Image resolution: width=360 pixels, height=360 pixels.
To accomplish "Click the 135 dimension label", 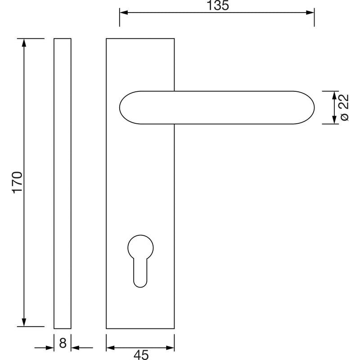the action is click(218, 5).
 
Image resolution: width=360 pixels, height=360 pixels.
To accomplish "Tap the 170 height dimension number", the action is click(17, 182).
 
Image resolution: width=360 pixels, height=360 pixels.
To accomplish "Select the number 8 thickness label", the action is click(63, 343).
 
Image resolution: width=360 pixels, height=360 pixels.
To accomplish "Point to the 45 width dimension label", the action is click(141, 355).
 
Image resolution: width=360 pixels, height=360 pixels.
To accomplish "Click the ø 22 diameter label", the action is click(344, 108).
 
